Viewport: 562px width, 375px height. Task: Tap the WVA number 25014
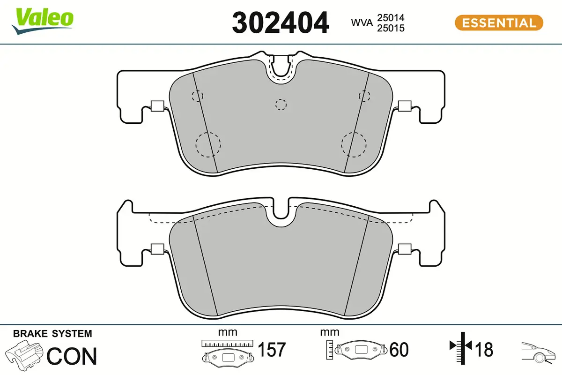pos(391,18)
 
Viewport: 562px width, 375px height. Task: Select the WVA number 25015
pos(391,28)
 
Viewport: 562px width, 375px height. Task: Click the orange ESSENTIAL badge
pos(499,22)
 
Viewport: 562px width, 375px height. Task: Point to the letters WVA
pos(362,23)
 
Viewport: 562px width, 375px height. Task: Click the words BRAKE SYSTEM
pos(52,334)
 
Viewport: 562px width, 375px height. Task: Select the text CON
pos(72,356)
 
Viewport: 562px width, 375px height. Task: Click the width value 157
pos(272,350)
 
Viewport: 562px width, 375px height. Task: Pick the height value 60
pos(399,350)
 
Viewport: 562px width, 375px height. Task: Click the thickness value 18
pos(484,350)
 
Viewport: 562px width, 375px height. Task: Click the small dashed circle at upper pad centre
pos(281,105)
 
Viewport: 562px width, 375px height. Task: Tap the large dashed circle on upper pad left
pos(207,144)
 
